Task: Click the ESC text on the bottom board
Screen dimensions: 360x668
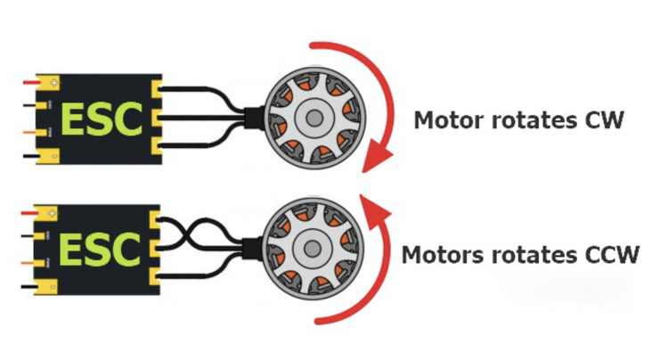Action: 101,248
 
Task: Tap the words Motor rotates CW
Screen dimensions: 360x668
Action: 517,120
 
